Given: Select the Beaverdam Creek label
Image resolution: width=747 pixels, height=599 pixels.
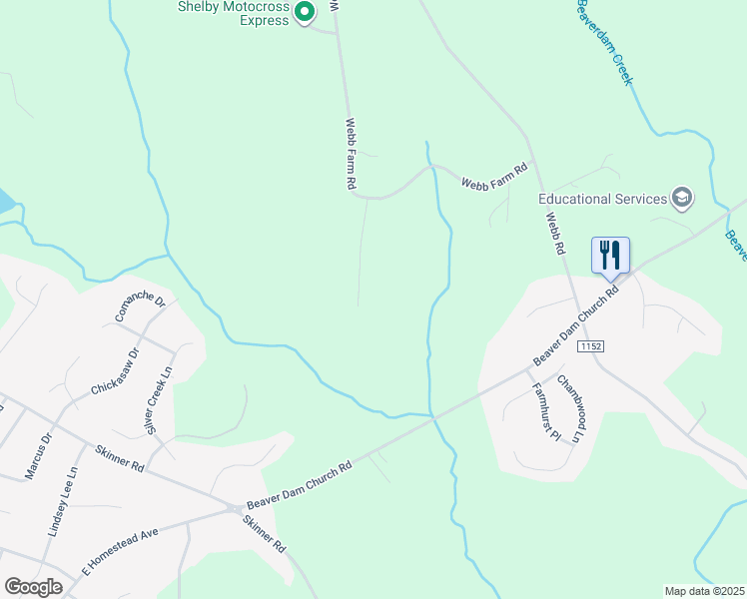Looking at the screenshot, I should pyautogui.click(x=604, y=42).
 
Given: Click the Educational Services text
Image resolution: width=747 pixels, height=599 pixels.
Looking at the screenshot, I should pyautogui.click(x=603, y=199).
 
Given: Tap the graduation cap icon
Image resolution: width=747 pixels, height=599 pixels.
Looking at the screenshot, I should pyautogui.click(x=683, y=198).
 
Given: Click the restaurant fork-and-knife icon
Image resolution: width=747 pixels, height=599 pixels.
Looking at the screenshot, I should pyautogui.click(x=610, y=256).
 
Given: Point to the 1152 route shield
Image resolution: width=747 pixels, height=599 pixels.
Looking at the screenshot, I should pyautogui.click(x=590, y=345).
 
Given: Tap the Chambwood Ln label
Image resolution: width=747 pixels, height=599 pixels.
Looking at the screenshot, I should pyautogui.click(x=570, y=407).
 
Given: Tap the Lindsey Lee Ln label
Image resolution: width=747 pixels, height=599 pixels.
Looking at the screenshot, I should pyautogui.click(x=68, y=497).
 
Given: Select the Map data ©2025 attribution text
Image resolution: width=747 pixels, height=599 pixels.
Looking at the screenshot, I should pyautogui.click(x=703, y=591).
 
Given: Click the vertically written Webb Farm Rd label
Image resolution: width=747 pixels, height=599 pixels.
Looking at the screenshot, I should pyautogui.click(x=352, y=155).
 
